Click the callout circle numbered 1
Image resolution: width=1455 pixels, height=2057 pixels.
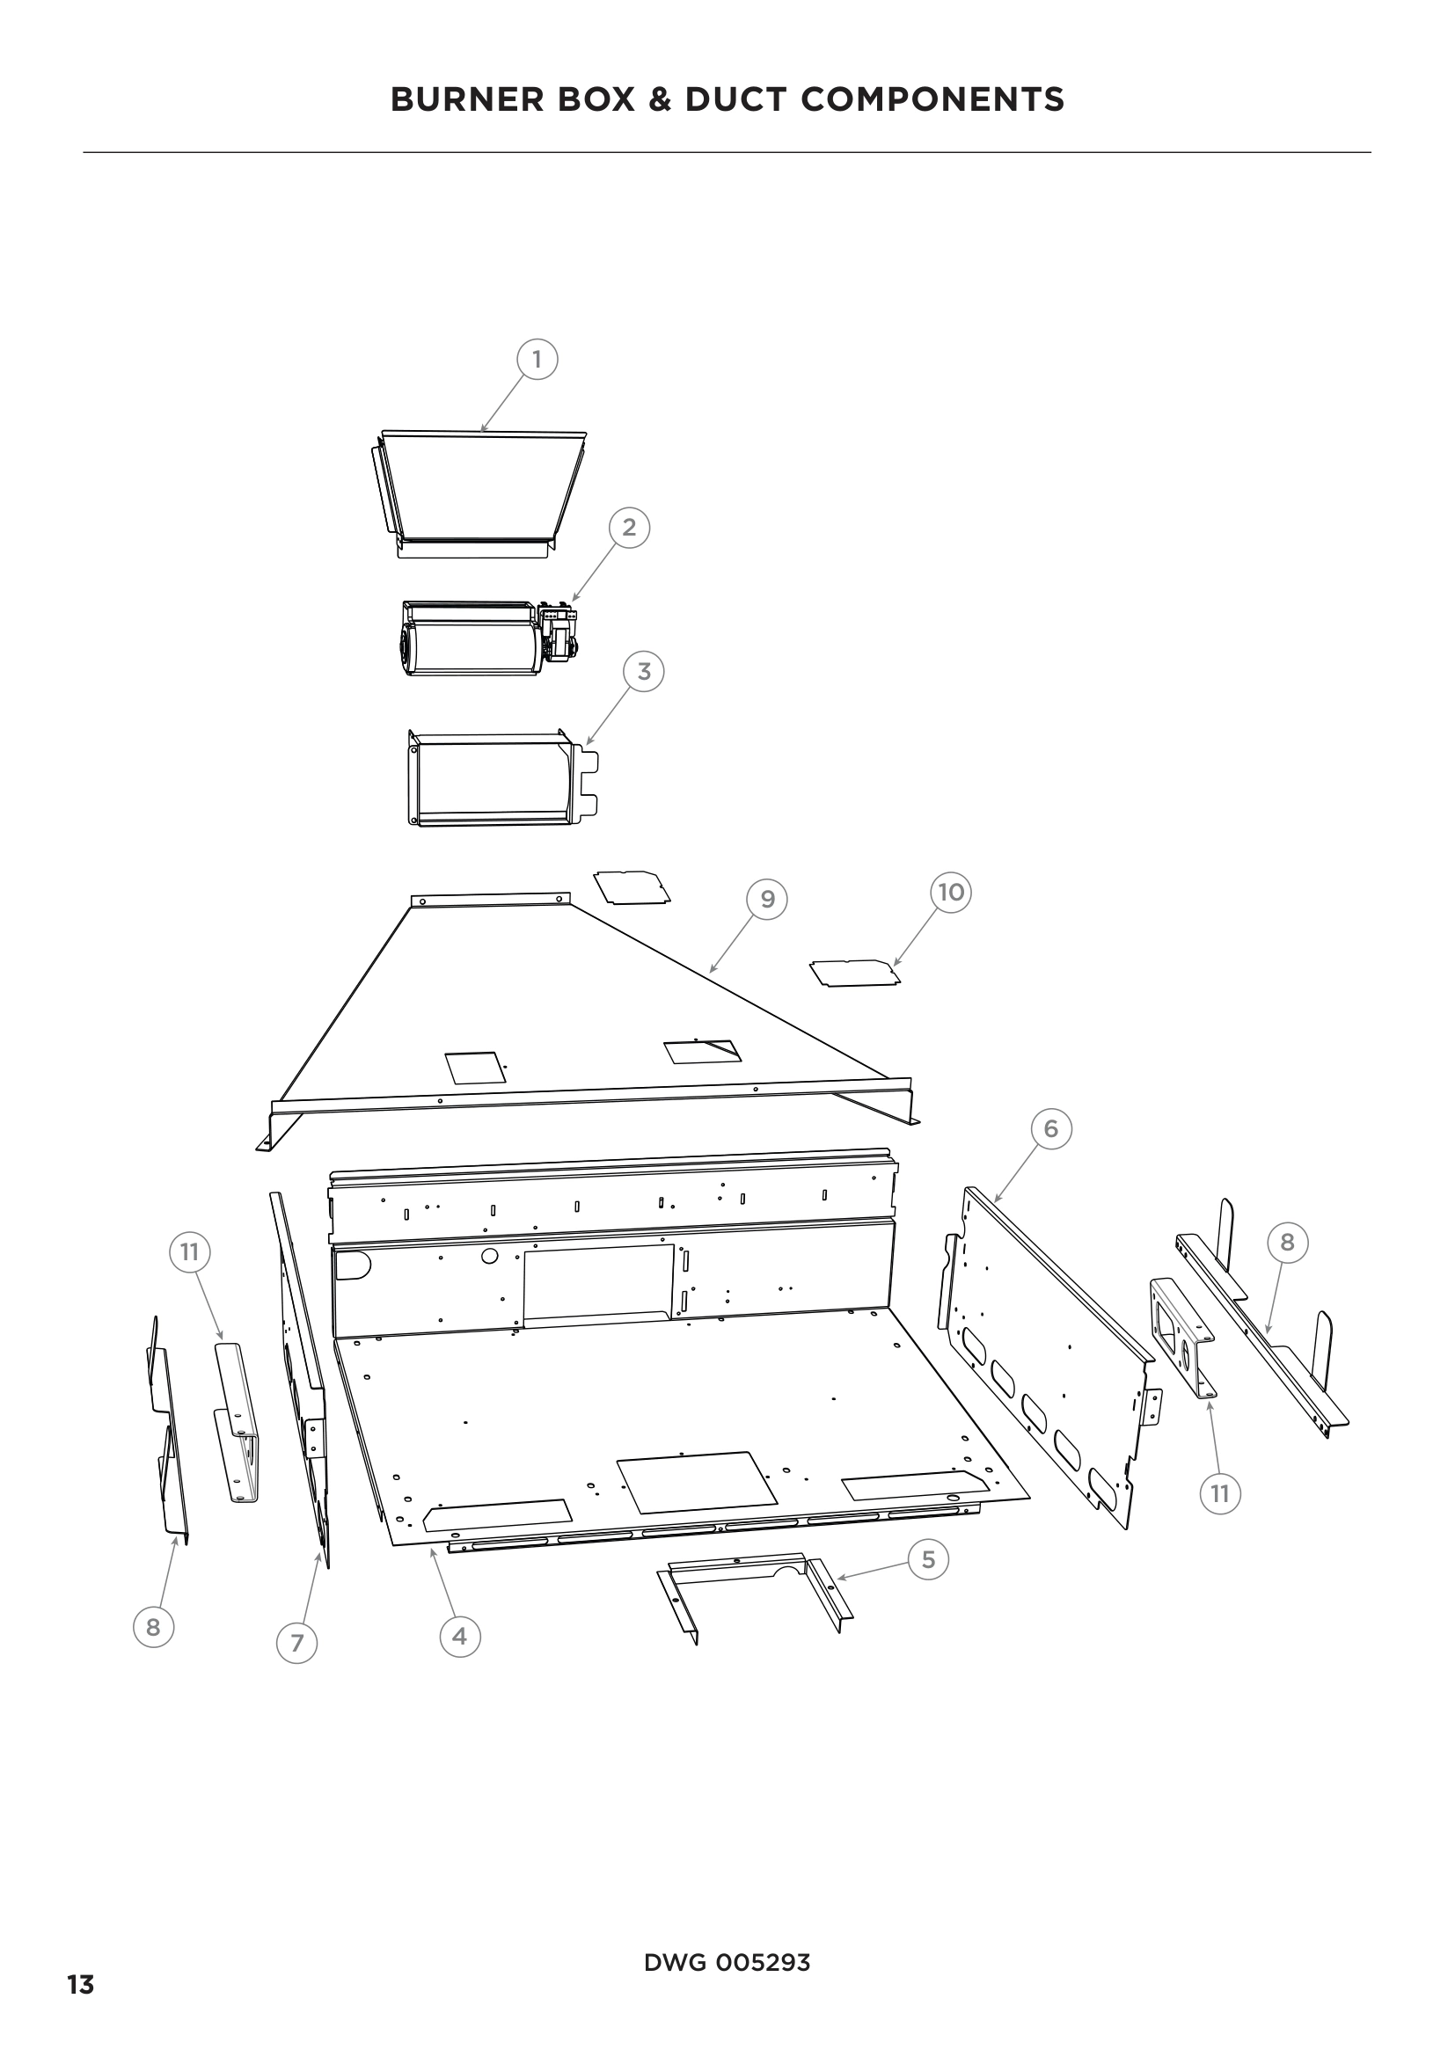[x=537, y=361]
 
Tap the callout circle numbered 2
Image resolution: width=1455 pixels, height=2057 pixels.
[x=629, y=527]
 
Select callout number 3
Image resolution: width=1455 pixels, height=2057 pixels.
[x=644, y=671]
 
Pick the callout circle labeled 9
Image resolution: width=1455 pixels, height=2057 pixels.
[x=767, y=900]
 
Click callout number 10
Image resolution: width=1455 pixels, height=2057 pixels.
[x=951, y=893]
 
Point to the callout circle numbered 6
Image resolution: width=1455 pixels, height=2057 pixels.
[x=1051, y=1129]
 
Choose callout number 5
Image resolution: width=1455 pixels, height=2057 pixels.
[x=928, y=1560]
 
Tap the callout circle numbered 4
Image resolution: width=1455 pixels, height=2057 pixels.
[x=459, y=1637]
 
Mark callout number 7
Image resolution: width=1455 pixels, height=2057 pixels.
[x=297, y=1643]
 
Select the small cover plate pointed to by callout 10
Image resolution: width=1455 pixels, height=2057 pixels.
[x=855, y=973]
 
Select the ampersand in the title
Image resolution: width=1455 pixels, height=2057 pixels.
[x=660, y=99]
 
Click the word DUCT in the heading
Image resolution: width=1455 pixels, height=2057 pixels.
[x=735, y=99]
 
